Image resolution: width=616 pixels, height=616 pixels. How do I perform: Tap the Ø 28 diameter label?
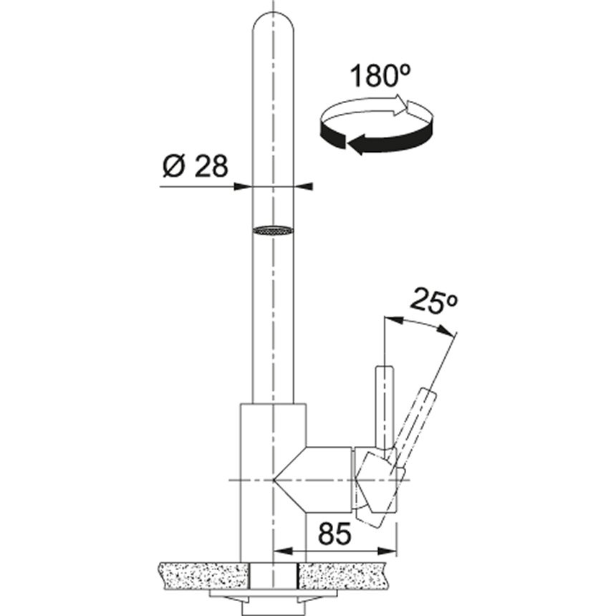coord(196,165)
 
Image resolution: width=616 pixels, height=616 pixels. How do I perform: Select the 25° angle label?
coord(435,301)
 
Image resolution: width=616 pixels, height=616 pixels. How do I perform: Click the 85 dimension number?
coord(335,534)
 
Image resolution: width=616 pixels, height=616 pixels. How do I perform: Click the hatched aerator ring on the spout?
coord(273,231)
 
